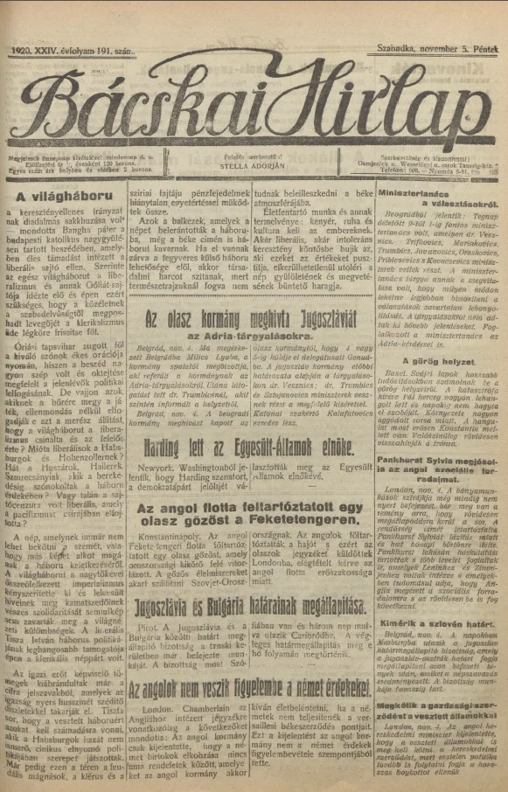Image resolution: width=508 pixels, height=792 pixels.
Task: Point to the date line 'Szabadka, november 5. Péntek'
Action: click(x=440, y=53)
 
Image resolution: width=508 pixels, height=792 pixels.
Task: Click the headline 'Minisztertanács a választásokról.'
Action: click(x=440, y=198)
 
